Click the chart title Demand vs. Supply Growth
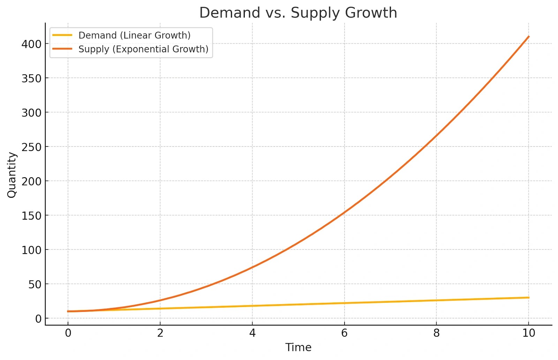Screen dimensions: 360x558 coord(298,13)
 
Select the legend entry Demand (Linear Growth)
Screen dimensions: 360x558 coord(134,35)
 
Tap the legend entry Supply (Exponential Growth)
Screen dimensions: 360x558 coord(143,49)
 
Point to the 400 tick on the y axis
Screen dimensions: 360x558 coord(31,44)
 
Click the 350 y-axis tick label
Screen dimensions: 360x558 coord(31,78)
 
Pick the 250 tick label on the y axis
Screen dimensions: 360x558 coord(31,147)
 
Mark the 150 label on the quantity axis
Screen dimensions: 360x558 coord(31,216)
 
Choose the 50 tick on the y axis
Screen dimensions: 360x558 coord(35,284)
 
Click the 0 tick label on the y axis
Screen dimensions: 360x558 coord(38,318)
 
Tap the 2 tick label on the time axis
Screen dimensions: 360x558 coord(160,333)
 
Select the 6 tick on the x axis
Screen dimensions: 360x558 coord(344,333)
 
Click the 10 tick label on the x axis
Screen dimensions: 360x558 coord(529,333)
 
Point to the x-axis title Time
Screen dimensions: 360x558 coord(298,347)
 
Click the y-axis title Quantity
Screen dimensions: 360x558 coord(12,175)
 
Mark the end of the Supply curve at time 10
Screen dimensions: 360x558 coord(529,36)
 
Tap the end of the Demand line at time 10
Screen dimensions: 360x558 coord(529,298)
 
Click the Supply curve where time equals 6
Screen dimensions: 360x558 coord(344,212)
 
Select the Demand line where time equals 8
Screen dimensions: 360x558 coord(436,300)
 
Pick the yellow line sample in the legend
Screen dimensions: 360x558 coord(62,35)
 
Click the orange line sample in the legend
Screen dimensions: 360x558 coord(62,49)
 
